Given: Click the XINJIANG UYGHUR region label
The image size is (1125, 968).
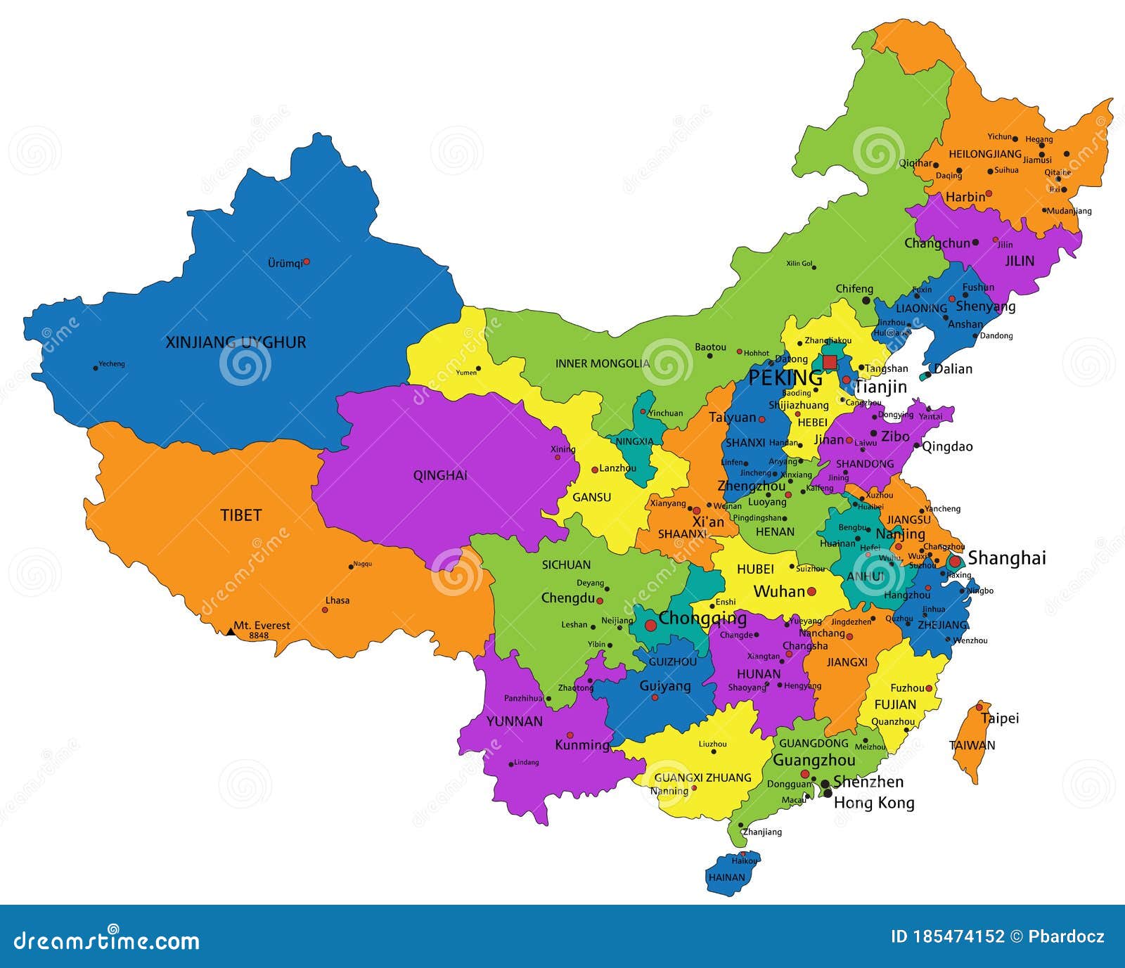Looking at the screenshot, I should tap(236, 342).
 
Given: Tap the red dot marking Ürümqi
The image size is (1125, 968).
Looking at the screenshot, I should tap(307, 262).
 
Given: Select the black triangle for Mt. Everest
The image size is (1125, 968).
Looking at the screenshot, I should tap(231, 631).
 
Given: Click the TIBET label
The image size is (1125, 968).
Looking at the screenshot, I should tap(241, 515).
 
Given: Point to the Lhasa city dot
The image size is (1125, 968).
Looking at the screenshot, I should tap(325, 609).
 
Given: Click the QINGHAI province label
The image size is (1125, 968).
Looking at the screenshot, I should tap(440, 475).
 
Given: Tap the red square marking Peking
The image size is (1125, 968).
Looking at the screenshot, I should tap(830, 362).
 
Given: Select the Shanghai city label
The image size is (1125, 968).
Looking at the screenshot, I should tap(1007, 558).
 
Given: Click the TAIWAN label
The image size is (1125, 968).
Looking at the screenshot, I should tap(972, 745).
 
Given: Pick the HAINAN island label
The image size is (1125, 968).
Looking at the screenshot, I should tap(726, 877).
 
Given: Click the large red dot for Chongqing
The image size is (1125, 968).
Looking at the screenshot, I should tap(650, 624).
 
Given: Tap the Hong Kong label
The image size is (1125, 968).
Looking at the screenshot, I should tap(874, 803).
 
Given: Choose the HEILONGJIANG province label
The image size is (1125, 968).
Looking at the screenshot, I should tap(985, 154).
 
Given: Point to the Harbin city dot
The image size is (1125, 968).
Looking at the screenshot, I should tap(989, 193).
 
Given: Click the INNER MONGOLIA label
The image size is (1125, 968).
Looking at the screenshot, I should tap(603, 363).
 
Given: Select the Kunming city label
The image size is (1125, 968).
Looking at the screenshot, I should tap(582, 745).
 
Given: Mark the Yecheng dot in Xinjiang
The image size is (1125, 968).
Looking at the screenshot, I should tap(96, 368).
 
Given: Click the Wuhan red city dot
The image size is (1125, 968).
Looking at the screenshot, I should tap(811, 591).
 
